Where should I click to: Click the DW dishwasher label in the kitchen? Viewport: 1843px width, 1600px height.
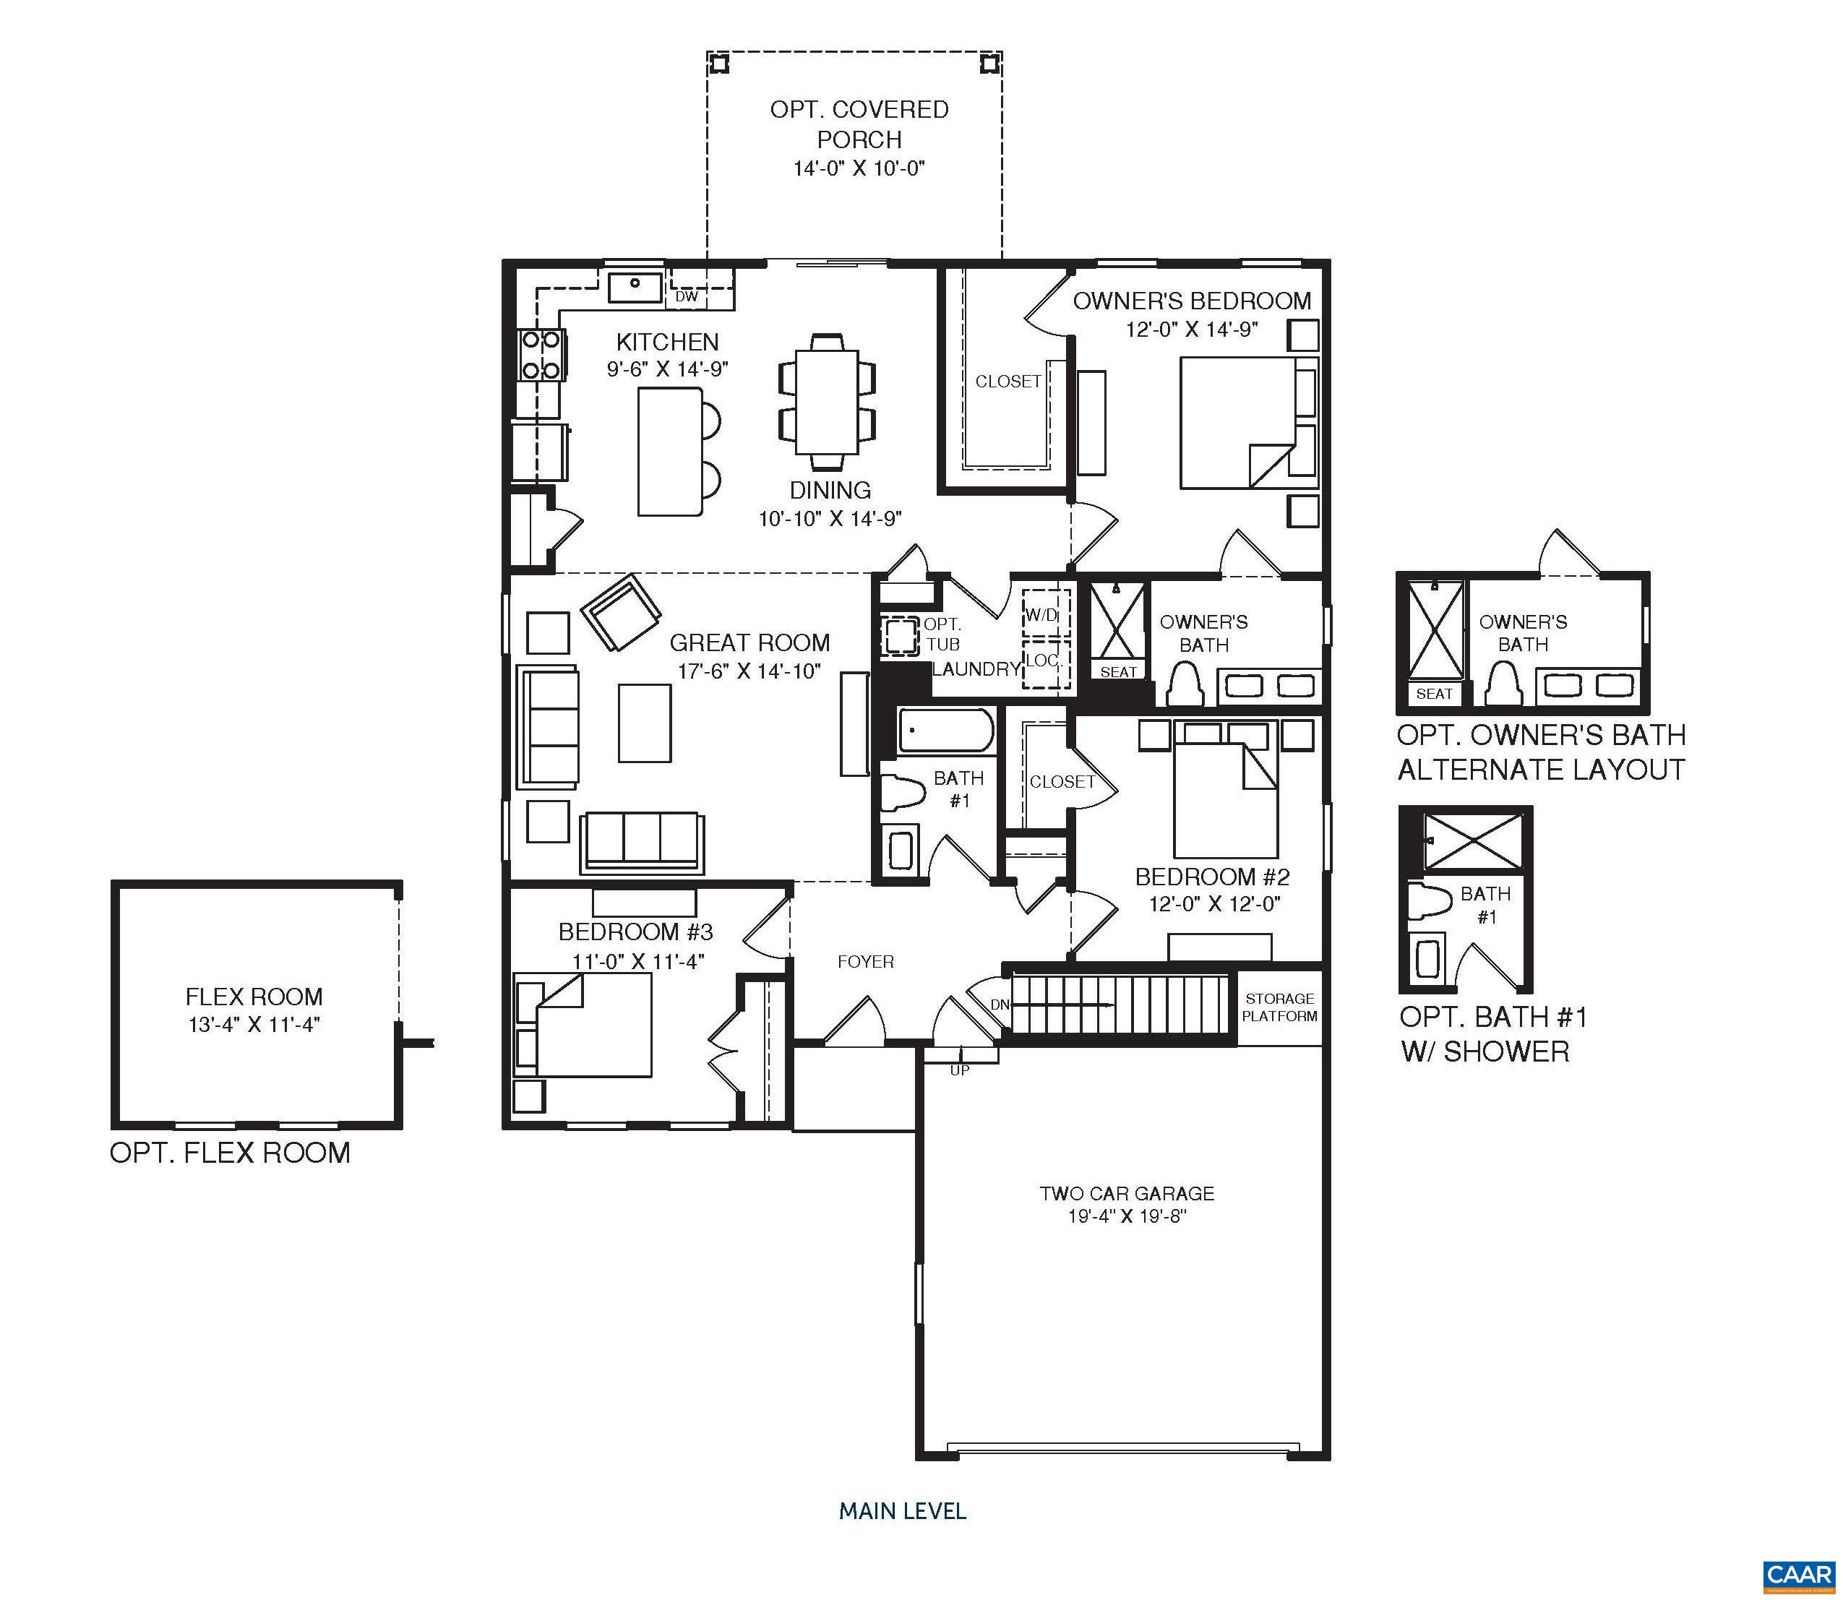[x=686, y=296]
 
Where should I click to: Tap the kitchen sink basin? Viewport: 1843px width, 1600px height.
[x=635, y=288]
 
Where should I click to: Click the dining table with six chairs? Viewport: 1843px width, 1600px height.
[x=827, y=402]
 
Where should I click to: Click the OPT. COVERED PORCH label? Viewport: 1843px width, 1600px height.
[x=859, y=124]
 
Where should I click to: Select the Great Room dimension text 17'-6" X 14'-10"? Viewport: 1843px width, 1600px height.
[x=748, y=671]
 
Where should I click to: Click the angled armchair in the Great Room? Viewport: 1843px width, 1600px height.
[x=622, y=614]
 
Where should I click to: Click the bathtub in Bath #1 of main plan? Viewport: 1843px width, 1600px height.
[x=945, y=731]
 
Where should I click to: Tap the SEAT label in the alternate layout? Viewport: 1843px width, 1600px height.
[x=1434, y=694]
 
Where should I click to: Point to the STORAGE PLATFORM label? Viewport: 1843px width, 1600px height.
[x=1279, y=1007]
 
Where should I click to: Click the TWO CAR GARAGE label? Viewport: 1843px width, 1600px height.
[x=1126, y=1193]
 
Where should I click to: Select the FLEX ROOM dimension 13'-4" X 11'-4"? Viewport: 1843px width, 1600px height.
[x=254, y=1024]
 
